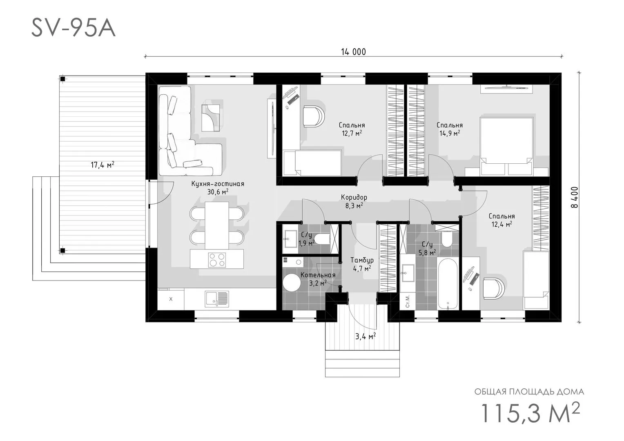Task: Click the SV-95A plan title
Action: point(73,29)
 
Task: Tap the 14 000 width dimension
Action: point(353,52)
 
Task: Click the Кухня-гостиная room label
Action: point(218,184)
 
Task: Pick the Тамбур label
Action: point(362,260)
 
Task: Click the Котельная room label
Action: point(318,275)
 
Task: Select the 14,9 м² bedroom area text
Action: point(450,133)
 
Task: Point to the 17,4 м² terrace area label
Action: point(103,165)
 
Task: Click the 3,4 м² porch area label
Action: point(365,336)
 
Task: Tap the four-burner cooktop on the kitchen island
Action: point(217,260)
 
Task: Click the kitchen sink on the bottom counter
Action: point(217,299)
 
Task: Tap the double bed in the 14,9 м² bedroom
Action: point(506,146)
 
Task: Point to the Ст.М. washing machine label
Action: point(408,302)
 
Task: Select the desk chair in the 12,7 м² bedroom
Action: point(314,116)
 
